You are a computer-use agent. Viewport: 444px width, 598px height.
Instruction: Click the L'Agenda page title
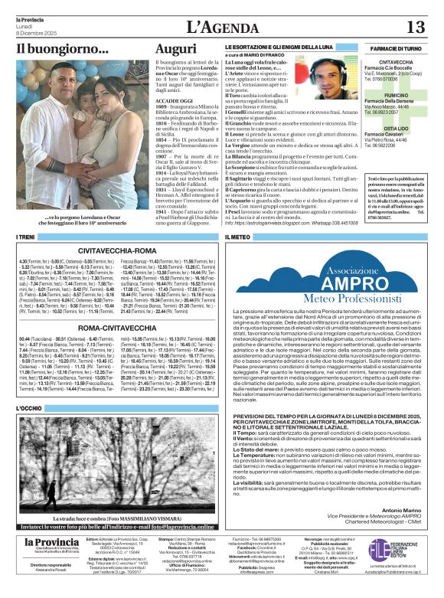(221, 28)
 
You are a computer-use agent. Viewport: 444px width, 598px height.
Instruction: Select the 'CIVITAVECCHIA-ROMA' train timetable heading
(118, 250)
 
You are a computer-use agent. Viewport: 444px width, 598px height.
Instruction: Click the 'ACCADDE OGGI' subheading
(173, 100)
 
